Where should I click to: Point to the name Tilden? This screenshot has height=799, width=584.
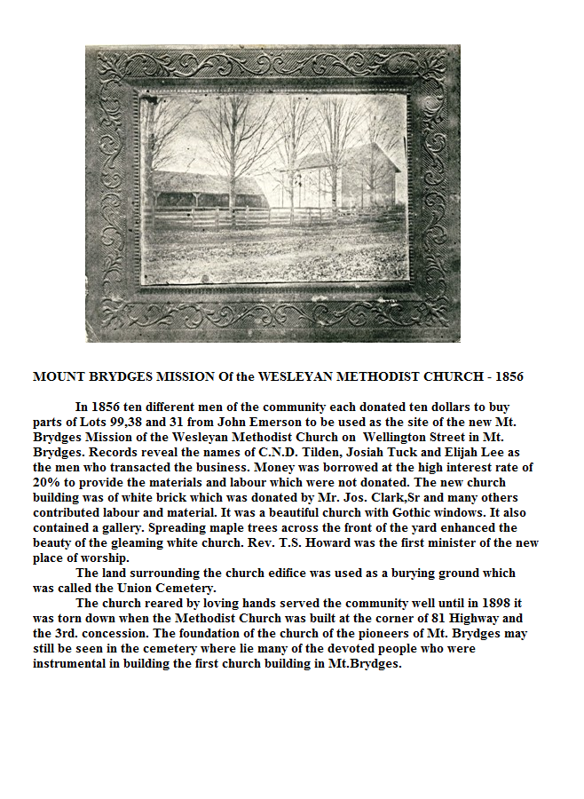coord(310,452)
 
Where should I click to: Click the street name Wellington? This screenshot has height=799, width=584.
coord(405,437)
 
